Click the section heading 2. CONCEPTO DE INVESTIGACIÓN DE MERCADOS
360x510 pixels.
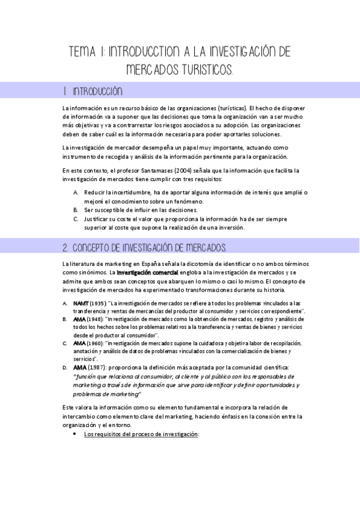pyautogui.click(x=144, y=248)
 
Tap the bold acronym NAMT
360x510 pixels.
pyautogui.click(x=81, y=303)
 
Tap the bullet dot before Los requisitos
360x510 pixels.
pyautogui.click(x=74, y=434)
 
